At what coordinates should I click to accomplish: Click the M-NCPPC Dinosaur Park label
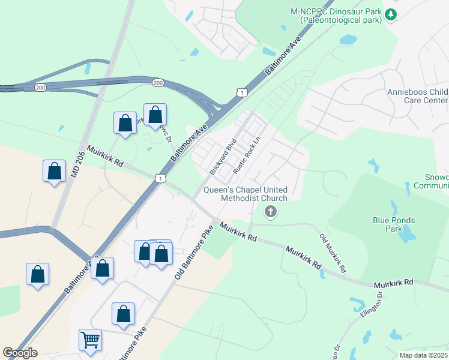pyautogui.click(x=336, y=16)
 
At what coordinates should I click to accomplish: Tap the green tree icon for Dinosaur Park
pyautogui.click(x=391, y=14)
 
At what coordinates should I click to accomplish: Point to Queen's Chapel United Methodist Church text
pyautogui.click(x=246, y=193)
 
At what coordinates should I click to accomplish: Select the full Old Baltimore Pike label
pyautogui.click(x=194, y=251)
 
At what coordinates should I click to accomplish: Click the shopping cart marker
pyautogui.click(x=90, y=340)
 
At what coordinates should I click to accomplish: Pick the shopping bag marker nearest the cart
pyautogui.click(x=123, y=313)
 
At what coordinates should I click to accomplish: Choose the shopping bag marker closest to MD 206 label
pyautogui.click(x=54, y=171)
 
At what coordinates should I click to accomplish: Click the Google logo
pyautogui.click(x=20, y=353)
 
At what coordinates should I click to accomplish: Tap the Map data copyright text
pyautogui.click(x=424, y=355)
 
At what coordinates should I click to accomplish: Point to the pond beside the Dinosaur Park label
pyautogui.click(x=348, y=40)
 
